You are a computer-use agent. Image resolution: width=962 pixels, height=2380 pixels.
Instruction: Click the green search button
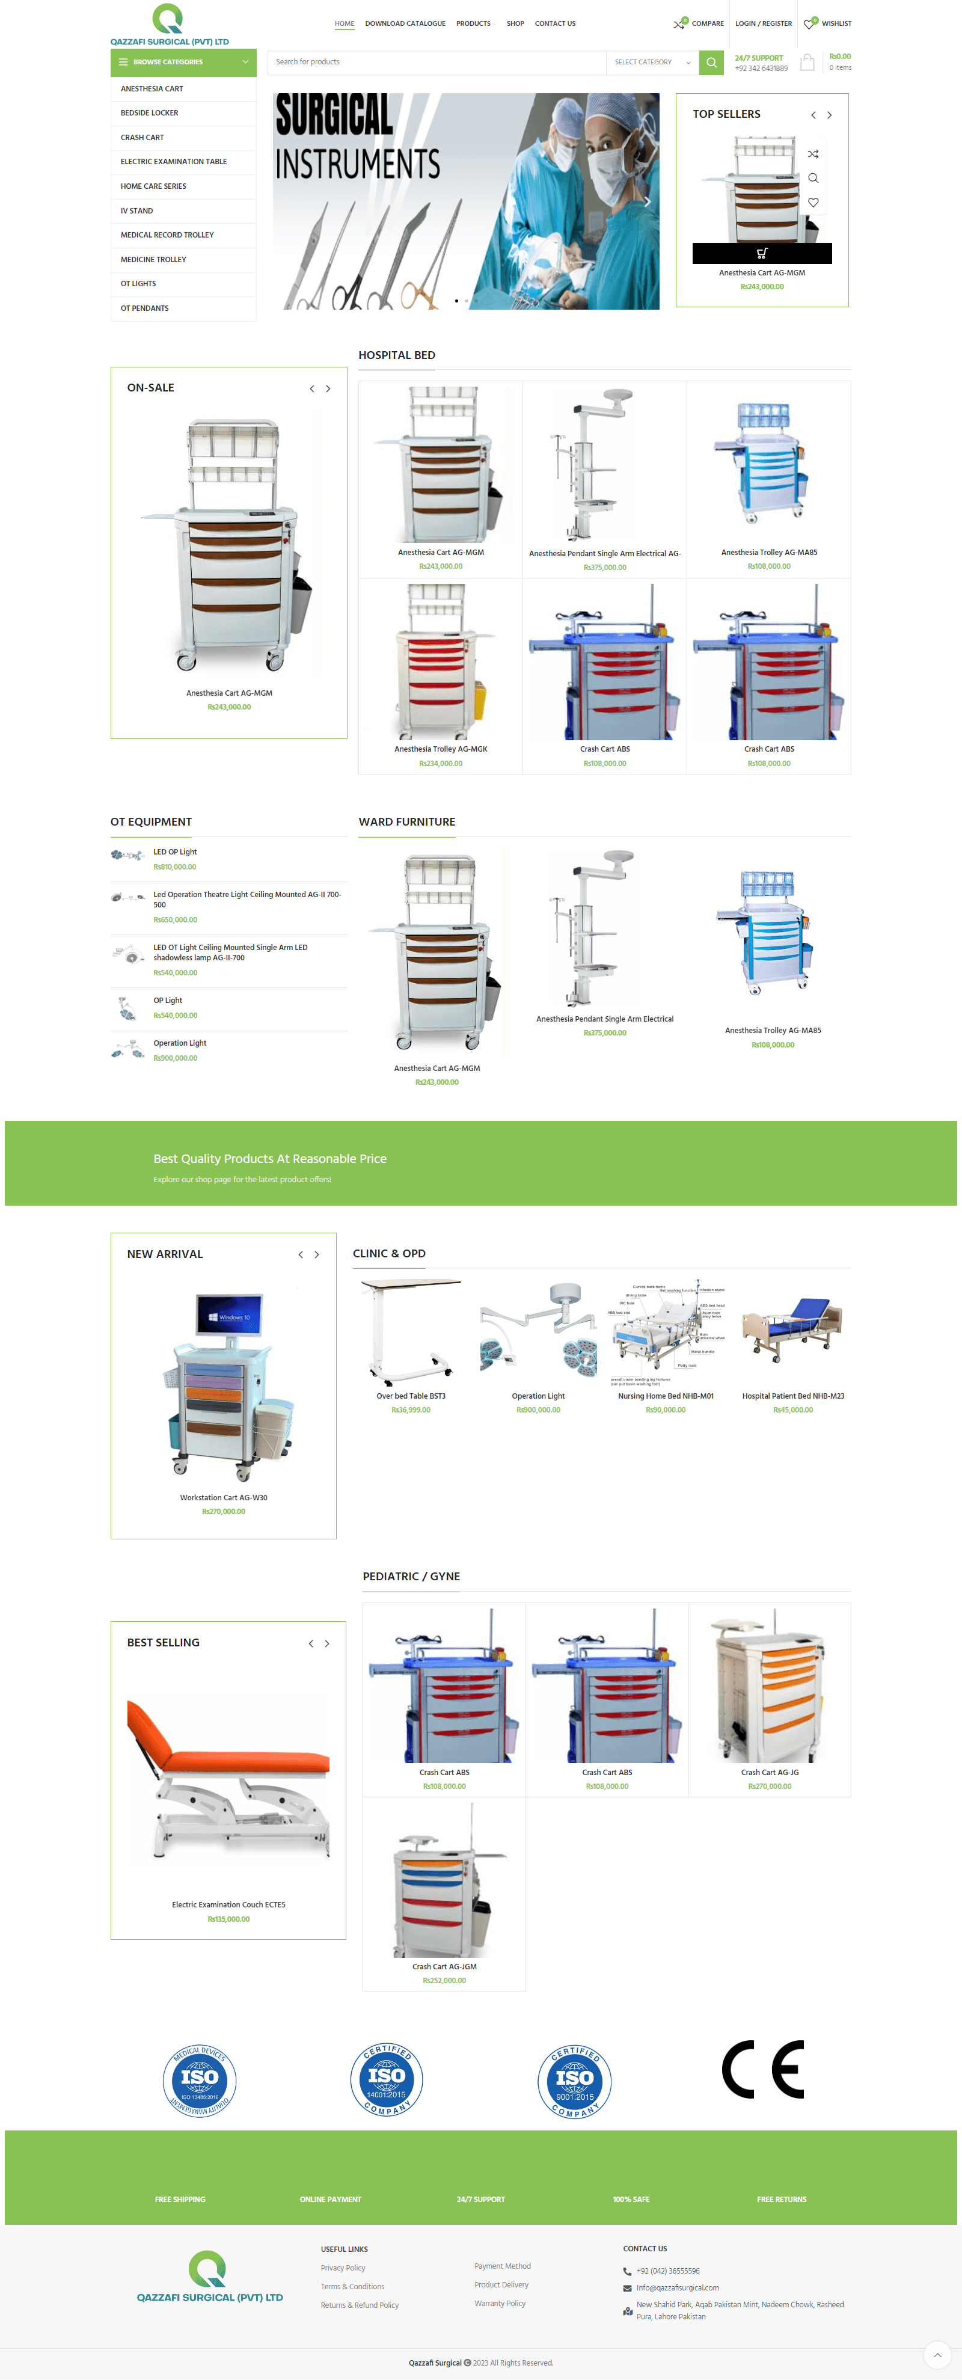(x=711, y=63)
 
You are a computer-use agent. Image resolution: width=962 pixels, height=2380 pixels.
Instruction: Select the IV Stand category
(x=136, y=210)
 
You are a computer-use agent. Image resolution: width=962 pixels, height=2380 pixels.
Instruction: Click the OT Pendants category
(x=144, y=308)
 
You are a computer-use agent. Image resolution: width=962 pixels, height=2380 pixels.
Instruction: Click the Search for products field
(x=434, y=63)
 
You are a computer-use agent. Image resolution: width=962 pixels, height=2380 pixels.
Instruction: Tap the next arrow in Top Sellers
(x=829, y=115)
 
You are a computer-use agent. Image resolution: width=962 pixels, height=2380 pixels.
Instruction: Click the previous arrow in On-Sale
(x=311, y=389)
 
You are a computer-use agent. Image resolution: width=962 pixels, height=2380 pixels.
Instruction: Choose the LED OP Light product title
(x=174, y=852)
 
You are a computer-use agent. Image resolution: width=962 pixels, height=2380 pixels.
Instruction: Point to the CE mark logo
(x=762, y=2070)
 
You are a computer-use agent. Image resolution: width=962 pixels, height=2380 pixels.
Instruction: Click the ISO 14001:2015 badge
(x=386, y=2079)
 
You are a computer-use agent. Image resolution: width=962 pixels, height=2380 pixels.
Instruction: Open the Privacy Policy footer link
(x=343, y=2268)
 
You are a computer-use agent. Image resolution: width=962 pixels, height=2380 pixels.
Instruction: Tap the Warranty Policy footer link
(x=500, y=2303)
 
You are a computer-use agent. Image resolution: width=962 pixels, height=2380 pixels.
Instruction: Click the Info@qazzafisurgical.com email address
(x=678, y=2287)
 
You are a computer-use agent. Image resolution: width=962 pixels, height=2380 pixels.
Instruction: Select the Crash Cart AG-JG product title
(x=769, y=1772)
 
